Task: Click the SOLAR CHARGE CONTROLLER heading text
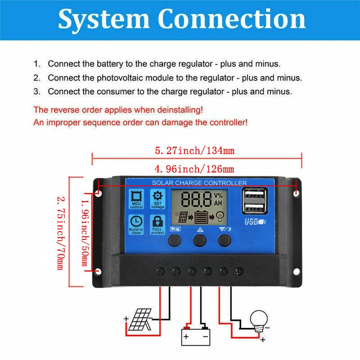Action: tap(199, 183)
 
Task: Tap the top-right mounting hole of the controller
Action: tap(297, 193)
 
